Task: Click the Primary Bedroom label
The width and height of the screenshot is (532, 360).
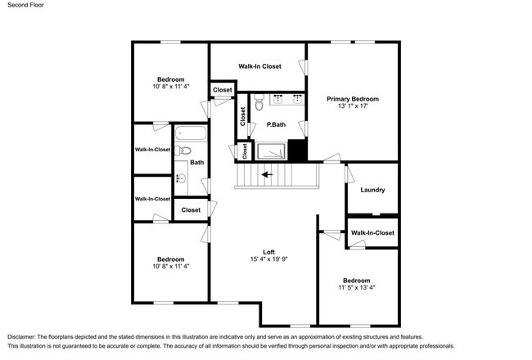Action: (x=353, y=99)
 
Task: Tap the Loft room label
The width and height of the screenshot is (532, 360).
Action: (x=268, y=252)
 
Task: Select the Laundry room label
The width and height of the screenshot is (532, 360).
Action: (x=372, y=190)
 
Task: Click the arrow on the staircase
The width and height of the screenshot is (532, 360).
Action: (x=267, y=175)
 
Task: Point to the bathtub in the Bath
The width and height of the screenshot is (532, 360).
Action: (x=191, y=133)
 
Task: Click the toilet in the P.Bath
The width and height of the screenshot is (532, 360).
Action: (x=259, y=102)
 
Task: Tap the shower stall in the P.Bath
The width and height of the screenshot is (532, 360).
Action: (x=271, y=151)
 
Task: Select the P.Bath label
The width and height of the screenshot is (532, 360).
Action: (x=276, y=125)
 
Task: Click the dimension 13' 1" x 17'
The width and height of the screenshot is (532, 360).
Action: (x=353, y=106)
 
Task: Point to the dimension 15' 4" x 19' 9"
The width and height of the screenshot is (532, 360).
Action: (x=268, y=259)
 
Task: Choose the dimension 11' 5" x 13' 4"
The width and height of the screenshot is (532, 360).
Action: (x=357, y=288)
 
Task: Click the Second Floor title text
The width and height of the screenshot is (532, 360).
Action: (x=26, y=5)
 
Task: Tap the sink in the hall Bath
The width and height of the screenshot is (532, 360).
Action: (x=182, y=178)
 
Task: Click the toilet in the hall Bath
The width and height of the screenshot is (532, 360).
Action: (x=183, y=151)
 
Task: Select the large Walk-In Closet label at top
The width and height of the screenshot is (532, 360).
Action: (x=259, y=66)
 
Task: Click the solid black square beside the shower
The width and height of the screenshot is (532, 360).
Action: (x=298, y=150)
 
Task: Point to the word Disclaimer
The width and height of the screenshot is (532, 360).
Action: (x=21, y=337)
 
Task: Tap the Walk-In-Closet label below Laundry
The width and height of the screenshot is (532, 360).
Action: (x=372, y=233)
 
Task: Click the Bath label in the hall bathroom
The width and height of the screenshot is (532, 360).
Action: (x=196, y=163)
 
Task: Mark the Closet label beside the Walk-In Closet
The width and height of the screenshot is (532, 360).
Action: (x=223, y=90)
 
